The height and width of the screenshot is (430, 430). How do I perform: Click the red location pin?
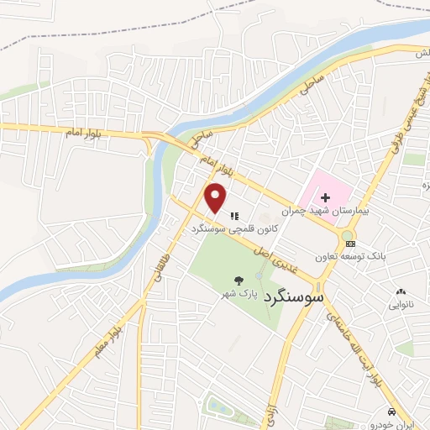(x=217, y=198)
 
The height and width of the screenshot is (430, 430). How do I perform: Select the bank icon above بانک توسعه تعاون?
(x=349, y=244)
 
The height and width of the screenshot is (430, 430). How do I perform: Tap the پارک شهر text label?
(x=239, y=294)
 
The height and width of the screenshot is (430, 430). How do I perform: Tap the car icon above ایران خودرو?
(x=393, y=412)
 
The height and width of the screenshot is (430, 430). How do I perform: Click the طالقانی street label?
(x=156, y=269)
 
